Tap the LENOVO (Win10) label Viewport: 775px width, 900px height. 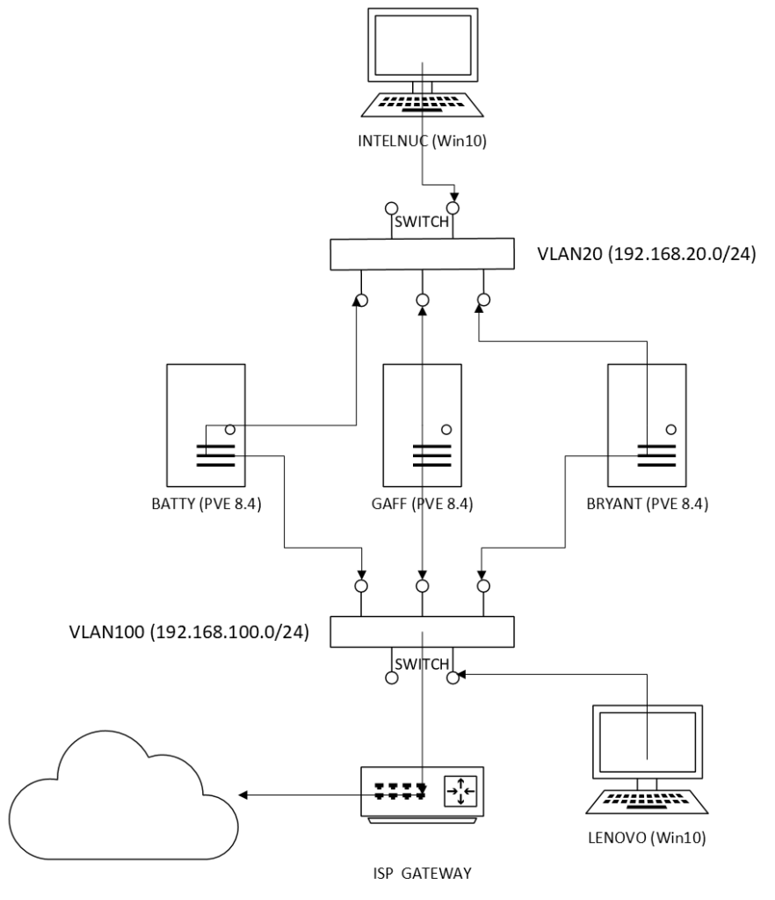point(647,837)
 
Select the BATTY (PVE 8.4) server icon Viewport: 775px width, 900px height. point(204,430)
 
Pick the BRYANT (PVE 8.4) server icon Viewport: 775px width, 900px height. point(646,430)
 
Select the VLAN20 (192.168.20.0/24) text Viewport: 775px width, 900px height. point(646,257)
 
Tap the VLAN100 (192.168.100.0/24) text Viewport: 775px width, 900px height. point(189,631)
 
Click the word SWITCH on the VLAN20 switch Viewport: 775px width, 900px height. point(423,222)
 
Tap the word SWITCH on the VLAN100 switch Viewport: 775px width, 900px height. point(423,664)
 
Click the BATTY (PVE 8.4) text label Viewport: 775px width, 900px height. point(204,504)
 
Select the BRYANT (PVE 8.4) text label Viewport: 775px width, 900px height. point(646,504)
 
